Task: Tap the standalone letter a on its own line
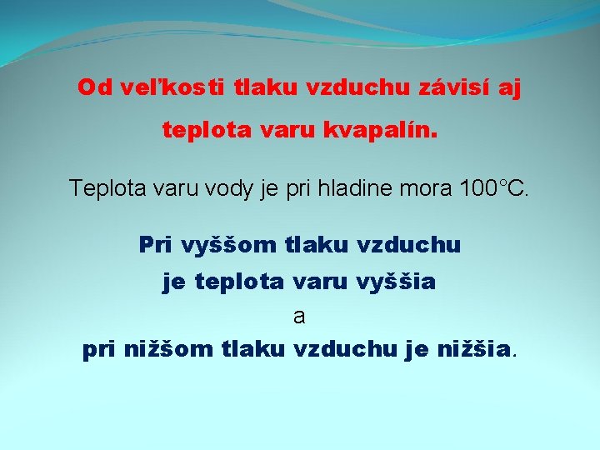pyautogui.click(x=299, y=317)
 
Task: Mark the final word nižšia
pyautogui.click(x=474, y=351)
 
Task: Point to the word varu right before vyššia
pyautogui.click(x=321, y=282)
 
